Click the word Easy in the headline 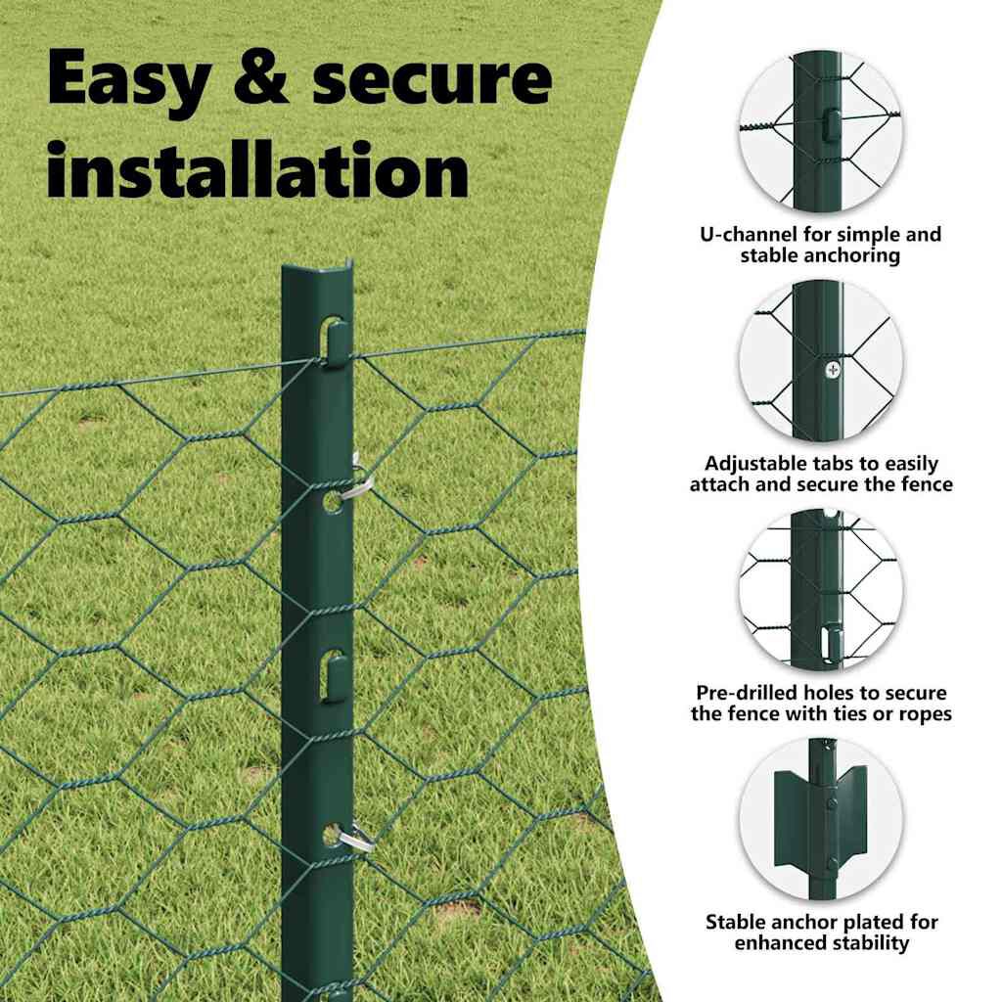click(128, 80)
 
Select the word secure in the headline click(433, 79)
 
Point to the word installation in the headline click(257, 169)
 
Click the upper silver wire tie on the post click(355, 479)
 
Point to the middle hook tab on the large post click(335, 677)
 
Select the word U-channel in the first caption click(749, 234)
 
